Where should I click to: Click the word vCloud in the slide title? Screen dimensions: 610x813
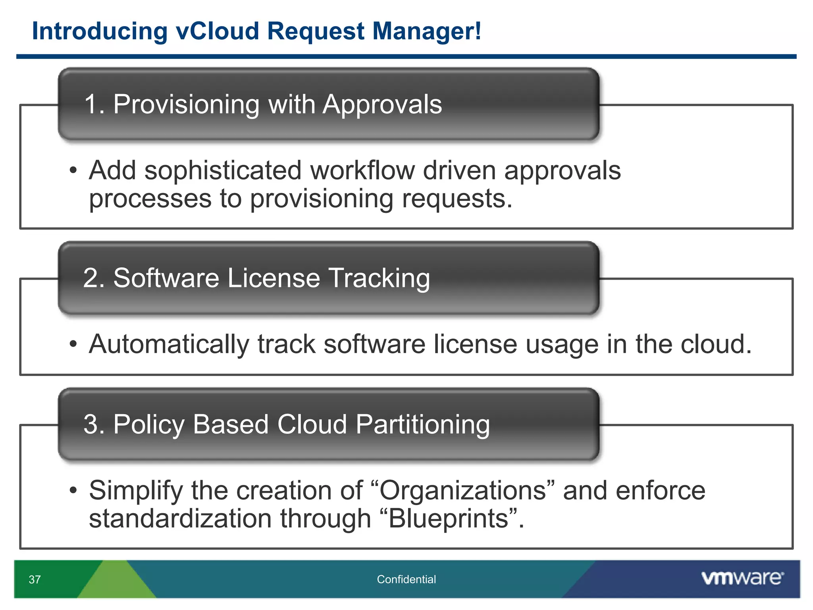click(217, 31)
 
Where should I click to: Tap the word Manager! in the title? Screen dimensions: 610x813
click(427, 31)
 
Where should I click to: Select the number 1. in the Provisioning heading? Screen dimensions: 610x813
click(94, 104)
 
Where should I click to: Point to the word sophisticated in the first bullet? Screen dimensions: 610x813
click(223, 171)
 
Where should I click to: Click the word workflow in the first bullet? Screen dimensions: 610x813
click(362, 171)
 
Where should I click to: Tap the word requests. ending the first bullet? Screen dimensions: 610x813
click(457, 199)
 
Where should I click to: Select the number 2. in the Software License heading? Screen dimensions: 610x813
click(94, 278)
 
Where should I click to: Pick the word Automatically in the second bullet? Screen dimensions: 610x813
click(169, 344)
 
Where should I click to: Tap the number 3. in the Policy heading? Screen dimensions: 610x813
click(94, 424)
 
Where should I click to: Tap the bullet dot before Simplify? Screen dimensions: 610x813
click(73, 490)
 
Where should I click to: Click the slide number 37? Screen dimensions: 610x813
click(35, 580)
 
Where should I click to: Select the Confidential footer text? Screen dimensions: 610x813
click(406, 579)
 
